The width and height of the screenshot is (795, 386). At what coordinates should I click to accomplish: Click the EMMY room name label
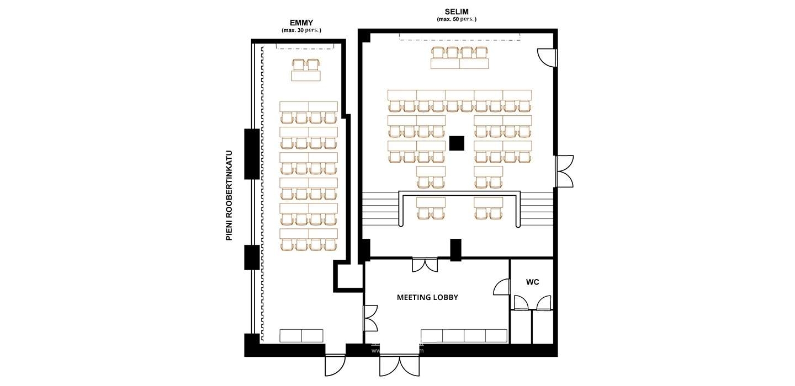(301, 23)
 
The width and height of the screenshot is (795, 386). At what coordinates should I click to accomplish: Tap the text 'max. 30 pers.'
(301, 30)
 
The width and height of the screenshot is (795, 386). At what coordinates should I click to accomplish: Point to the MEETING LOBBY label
(427, 297)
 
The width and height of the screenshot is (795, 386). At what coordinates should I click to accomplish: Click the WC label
(532, 282)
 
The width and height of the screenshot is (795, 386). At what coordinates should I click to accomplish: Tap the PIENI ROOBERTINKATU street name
(229, 195)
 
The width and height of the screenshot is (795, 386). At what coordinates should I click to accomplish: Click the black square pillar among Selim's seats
(457, 143)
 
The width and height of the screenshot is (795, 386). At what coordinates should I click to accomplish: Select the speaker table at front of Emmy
(306, 76)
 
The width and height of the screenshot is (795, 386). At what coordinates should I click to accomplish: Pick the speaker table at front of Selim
(460, 64)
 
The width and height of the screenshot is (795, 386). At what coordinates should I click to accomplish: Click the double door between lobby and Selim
(425, 264)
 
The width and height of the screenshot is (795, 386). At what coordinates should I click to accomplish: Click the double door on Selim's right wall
(563, 171)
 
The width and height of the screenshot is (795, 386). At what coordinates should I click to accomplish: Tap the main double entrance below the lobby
(399, 364)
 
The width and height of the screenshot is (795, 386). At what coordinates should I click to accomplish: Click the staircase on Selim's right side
(537, 209)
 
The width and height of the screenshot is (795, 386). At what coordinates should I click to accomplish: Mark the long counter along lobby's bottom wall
(464, 336)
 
